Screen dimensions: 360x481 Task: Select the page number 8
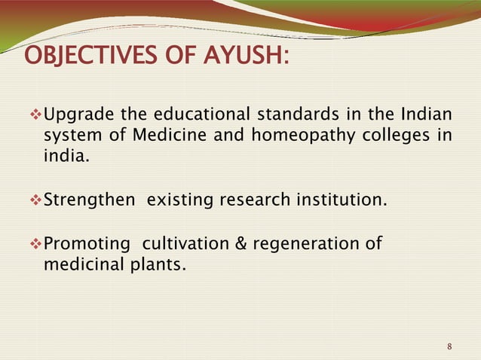(x=449, y=346)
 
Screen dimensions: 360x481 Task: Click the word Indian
(x=426, y=115)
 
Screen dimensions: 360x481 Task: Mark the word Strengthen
(x=89, y=201)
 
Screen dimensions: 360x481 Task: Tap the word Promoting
(x=84, y=243)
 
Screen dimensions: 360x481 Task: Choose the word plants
(x=158, y=264)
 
